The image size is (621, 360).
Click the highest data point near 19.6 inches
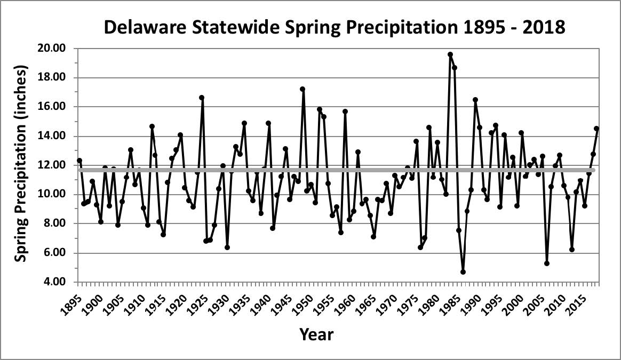tap(450, 54)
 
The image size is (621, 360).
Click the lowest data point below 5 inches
tap(463, 272)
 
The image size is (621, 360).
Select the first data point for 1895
tap(79, 161)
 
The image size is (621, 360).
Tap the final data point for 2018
tap(596, 129)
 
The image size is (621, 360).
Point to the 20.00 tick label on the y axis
tap(52, 49)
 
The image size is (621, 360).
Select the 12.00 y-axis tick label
tap(52, 165)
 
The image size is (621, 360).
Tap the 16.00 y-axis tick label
tap(52, 107)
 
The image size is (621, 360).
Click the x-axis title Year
tap(316, 334)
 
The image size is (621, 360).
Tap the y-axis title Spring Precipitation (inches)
tap(20, 164)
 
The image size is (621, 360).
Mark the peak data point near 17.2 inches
tap(302, 89)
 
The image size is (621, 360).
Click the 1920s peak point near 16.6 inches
tap(202, 98)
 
